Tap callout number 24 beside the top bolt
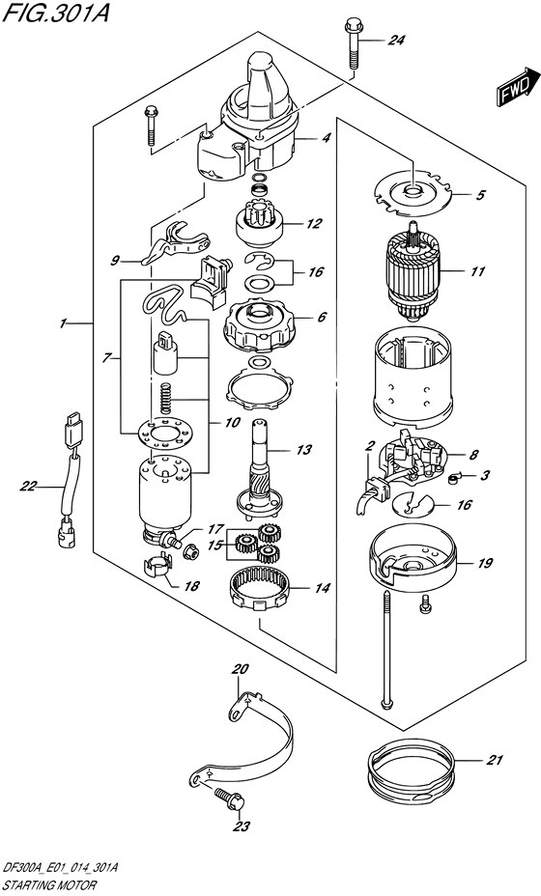tap(396, 40)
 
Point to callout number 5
tap(480, 195)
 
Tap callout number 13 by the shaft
tap(305, 450)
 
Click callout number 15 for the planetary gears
tap(214, 546)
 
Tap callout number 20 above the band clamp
tap(242, 668)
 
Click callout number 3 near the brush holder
tap(485, 474)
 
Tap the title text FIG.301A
tap(55, 13)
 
